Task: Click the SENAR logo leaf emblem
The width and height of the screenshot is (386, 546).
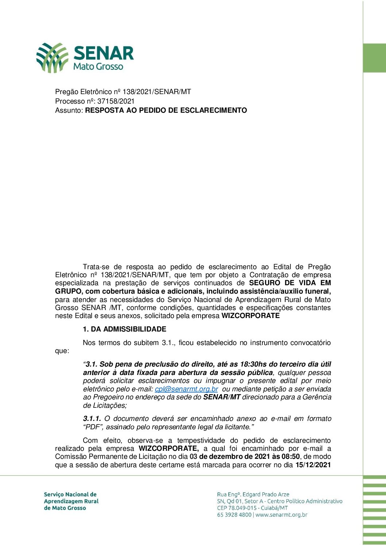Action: (52, 57)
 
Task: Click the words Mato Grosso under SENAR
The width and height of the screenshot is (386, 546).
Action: (98, 66)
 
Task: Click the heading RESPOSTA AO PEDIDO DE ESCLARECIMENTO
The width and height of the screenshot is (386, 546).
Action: (166, 110)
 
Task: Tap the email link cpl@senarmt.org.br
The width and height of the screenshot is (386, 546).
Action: (186, 389)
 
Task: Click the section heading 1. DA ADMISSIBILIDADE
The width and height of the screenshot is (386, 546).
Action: (124, 329)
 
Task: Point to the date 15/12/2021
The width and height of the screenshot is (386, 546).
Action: (313, 465)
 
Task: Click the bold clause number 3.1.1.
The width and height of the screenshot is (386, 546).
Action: (92, 418)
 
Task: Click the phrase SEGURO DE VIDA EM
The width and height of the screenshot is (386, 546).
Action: (290, 283)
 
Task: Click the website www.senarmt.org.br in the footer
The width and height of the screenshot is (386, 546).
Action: (281, 515)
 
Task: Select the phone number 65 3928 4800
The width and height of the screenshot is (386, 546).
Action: (234, 515)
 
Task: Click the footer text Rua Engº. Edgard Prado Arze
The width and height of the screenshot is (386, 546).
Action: (253, 494)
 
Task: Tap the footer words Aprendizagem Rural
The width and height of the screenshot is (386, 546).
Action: (71, 501)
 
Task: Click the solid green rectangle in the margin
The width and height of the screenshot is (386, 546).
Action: (374, 58)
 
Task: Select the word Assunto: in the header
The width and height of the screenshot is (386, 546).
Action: (69, 110)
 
